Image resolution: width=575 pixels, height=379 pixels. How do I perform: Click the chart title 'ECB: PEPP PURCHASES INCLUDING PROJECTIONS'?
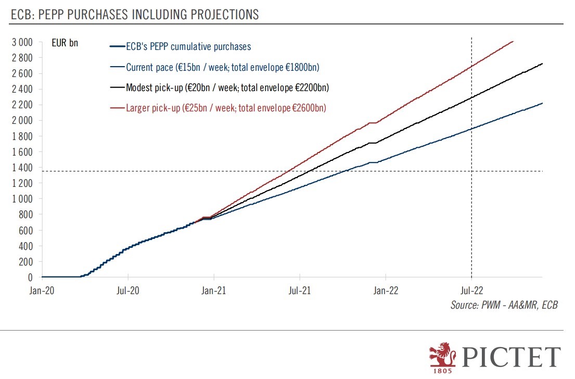[x=135, y=15]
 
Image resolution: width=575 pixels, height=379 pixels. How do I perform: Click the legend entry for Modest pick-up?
[x=227, y=87]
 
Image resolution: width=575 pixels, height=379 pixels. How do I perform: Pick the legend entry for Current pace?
[x=222, y=67]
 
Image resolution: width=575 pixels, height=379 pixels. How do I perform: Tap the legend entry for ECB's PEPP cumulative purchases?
[x=188, y=47]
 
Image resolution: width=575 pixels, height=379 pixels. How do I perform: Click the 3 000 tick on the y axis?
[x=22, y=42]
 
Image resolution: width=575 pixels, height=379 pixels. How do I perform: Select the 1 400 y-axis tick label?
[x=22, y=168]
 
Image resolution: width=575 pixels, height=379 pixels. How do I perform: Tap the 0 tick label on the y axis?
[x=30, y=277]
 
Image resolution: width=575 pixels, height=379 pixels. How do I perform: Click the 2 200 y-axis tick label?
[x=22, y=105]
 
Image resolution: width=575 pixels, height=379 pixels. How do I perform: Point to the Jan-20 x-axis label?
[x=42, y=290]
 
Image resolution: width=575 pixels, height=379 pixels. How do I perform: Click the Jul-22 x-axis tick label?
[x=471, y=290]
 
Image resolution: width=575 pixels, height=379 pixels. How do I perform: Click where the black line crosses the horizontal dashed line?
[x=307, y=171]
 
